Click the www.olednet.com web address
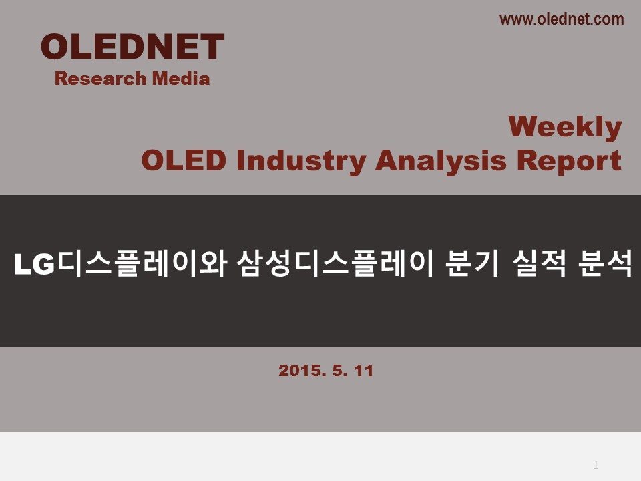pos(562,19)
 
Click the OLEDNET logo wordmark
pos(132,47)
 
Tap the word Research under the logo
pos(101,79)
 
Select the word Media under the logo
pos(181,79)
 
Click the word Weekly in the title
pos(566,127)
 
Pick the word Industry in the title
pos(301,162)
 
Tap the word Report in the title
pos(569,162)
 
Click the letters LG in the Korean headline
pos(34,265)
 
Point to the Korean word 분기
pos(473,264)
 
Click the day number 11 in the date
pos(363,371)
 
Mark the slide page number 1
pos(596,465)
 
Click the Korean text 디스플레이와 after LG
pos(142,264)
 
